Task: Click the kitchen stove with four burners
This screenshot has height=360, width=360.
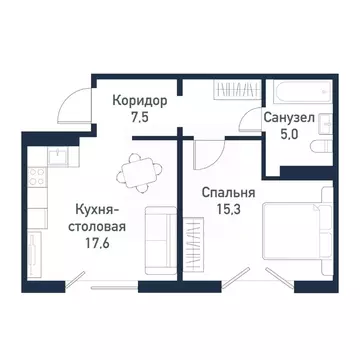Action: (x=35, y=181)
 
